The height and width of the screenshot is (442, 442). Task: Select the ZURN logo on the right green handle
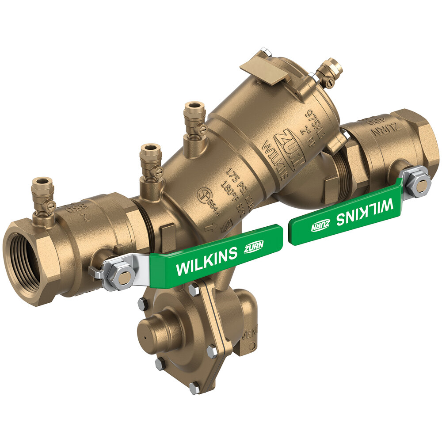[320, 225]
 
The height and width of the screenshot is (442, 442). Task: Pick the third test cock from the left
[195, 122]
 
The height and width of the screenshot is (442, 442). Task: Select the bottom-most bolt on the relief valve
[194, 388]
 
